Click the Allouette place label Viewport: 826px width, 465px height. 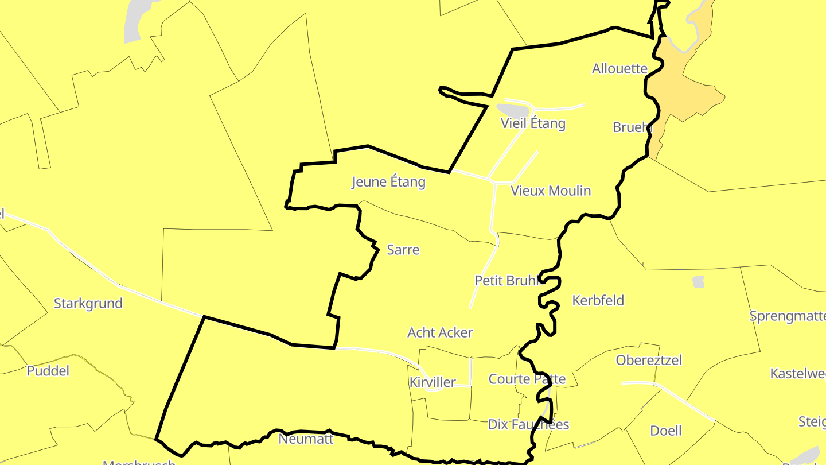point(619,69)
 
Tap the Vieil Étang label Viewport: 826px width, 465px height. point(533,123)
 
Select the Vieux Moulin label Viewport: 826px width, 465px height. point(551,191)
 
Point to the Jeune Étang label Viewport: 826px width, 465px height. point(388,183)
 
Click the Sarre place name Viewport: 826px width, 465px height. point(403,250)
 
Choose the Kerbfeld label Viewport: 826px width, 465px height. point(598,300)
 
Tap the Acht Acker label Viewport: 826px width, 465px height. point(440,332)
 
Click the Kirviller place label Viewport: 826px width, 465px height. point(433,382)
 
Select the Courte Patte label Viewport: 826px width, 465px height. point(527,379)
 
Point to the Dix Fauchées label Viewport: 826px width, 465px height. point(528,424)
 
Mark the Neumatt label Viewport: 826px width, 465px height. point(306,439)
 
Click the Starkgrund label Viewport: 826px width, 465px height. point(88,303)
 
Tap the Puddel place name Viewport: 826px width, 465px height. point(48,371)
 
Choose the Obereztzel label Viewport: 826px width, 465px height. point(649,360)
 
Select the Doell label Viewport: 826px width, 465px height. point(666,431)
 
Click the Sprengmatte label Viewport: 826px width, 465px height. point(788,316)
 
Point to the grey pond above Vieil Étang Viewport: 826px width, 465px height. point(513,110)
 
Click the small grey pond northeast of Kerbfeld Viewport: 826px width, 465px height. point(698,282)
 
